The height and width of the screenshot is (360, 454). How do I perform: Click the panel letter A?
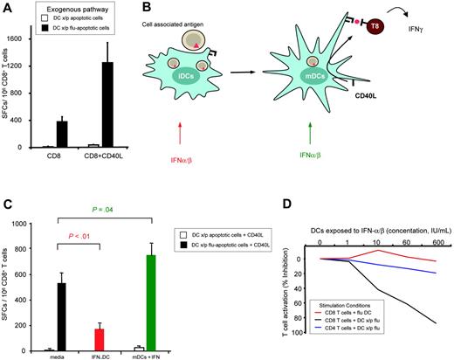8,8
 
